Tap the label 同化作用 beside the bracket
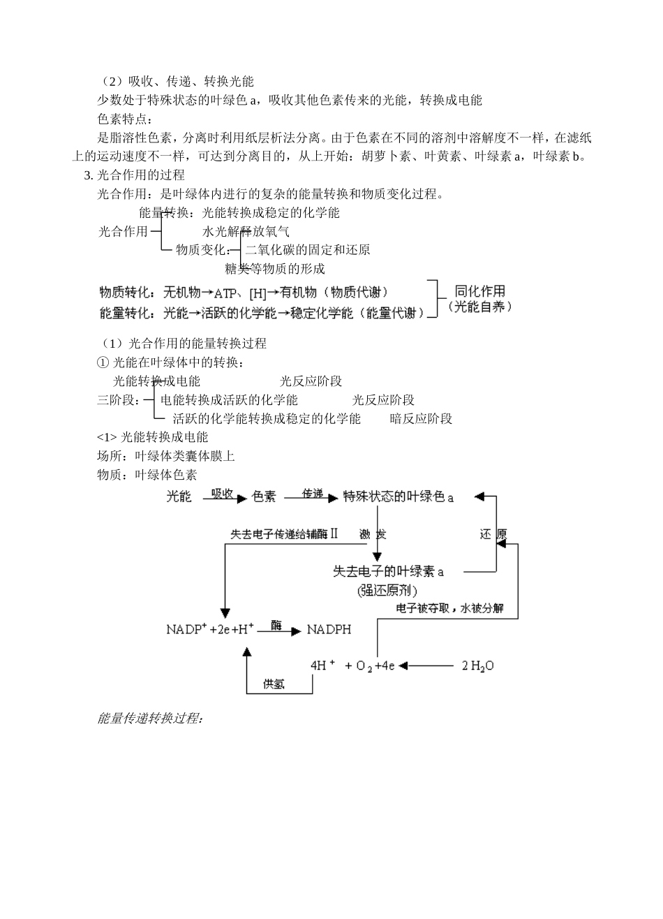tap(479, 291)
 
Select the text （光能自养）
tap(479, 307)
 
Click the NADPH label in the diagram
tap(329, 630)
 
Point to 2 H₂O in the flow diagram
tap(478, 666)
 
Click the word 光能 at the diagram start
tap(179, 497)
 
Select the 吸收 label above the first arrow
tap(222, 493)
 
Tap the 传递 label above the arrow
tap(313, 493)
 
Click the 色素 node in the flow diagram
tap(264, 497)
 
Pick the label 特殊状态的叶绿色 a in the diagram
tap(398, 497)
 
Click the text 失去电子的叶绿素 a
tap(388, 572)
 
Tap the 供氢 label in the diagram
tap(274, 684)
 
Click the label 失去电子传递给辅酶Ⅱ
tap(284, 534)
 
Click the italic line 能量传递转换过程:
tap(150, 718)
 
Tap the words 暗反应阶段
tap(421, 419)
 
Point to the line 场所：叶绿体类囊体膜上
tap(166, 456)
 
